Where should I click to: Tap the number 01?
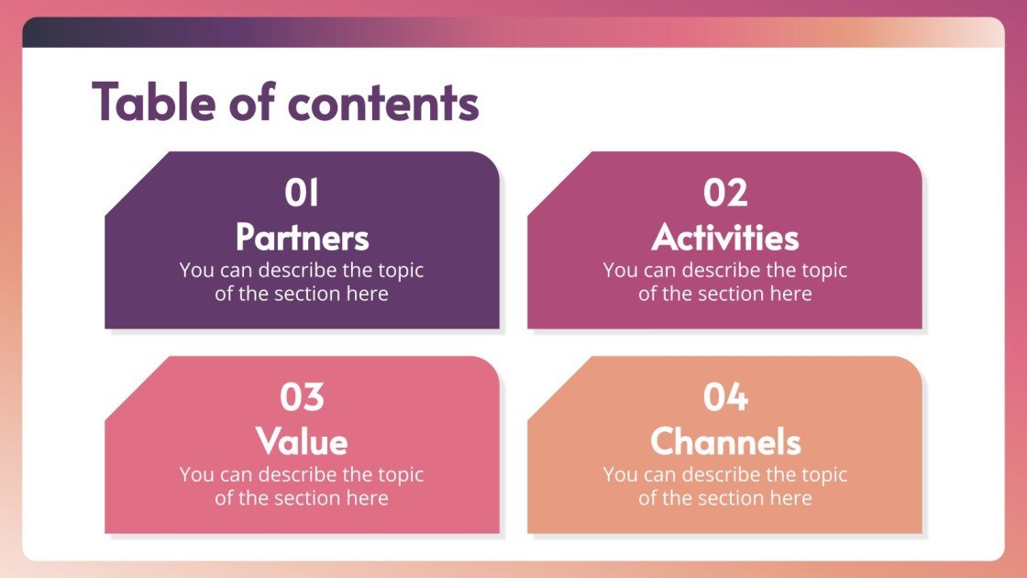pos(302,194)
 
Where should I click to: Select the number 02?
pos(725,194)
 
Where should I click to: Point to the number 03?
pos(302,398)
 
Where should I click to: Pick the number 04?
pos(725,398)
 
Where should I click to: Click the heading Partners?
pos(302,237)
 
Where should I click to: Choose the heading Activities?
pos(725,237)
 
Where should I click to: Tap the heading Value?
pos(302,441)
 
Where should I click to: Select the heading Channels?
pos(725,441)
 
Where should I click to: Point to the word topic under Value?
pos(400,475)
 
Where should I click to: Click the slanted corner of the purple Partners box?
pos(137,184)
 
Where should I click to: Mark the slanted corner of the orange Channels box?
pos(559,389)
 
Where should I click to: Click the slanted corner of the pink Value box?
pos(137,389)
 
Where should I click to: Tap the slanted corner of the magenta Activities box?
pos(559,184)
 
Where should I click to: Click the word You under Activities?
pos(620,271)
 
